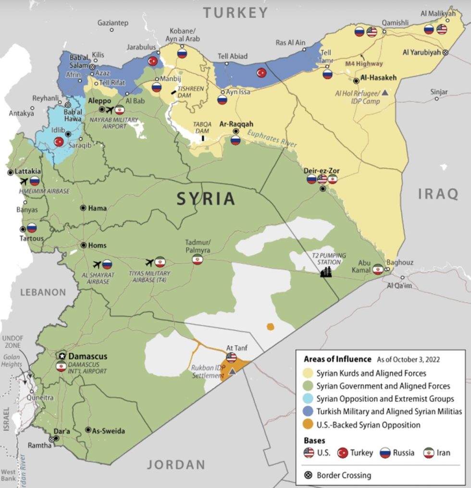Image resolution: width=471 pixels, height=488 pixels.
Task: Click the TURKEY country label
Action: click(x=235, y=12)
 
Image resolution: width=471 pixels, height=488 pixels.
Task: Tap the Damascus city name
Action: click(x=87, y=356)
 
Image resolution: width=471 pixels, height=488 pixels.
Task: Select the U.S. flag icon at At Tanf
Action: click(x=231, y=357)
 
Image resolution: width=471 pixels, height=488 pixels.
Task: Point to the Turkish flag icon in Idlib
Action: click(x=59, y=141)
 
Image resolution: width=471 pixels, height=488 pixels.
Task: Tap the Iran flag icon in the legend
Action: click(x=429, y=452)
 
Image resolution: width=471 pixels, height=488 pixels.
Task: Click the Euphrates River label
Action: click(x=273, y=140)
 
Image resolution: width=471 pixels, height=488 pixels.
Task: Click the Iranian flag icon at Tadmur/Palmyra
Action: click(x=197, y=260)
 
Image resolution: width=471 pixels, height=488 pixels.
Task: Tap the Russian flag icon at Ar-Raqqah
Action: click(x=235, y=140)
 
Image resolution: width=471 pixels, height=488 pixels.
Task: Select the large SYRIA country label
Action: click(x=206, y=198)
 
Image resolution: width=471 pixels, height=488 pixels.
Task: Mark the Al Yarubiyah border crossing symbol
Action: click(x=446, y=52)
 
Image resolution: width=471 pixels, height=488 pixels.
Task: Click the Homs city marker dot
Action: click(x=84, y=245)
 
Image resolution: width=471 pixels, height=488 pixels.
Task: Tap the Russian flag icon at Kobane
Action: click(x=182, y=53)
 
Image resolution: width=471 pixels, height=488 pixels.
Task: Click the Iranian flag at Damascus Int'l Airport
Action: click(x=61, y=366)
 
